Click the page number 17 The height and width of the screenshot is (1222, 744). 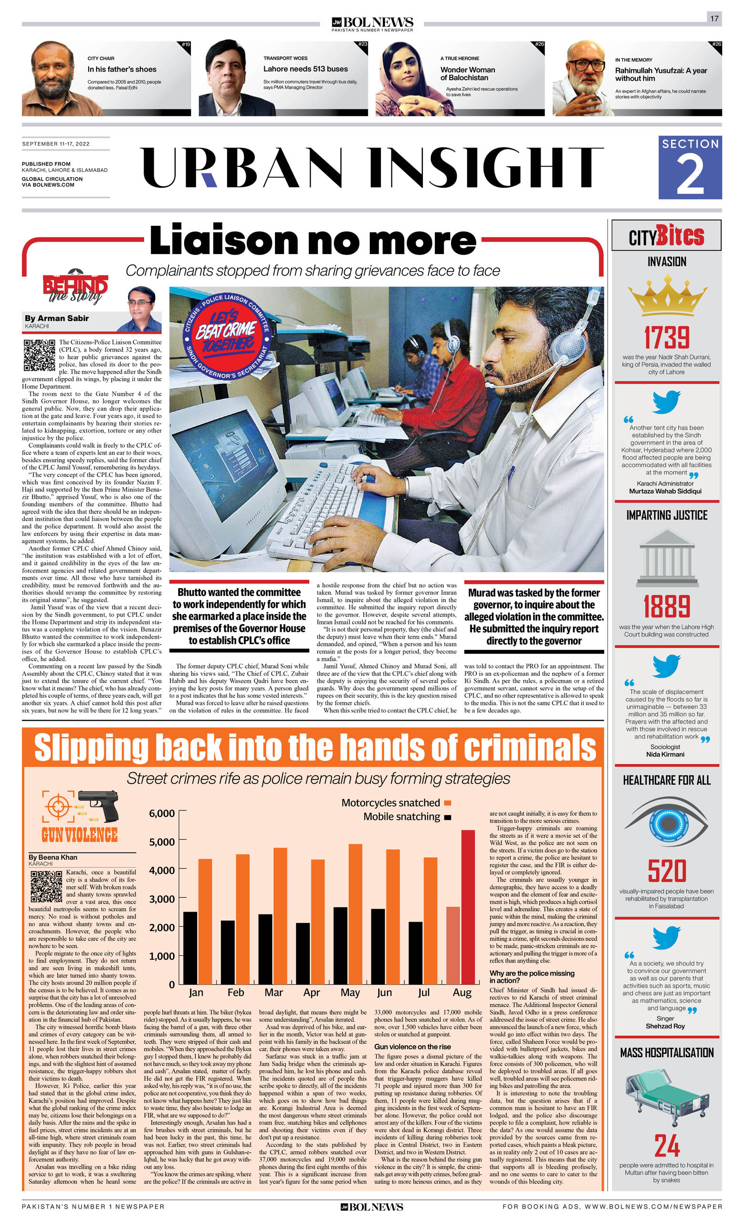(x=714, y=18)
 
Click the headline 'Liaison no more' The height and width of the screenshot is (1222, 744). (x=313, y=241)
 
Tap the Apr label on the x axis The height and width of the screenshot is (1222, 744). (x=311, y=992)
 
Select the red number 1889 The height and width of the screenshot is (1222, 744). (x=667, y=606)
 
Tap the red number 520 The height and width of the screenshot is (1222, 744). (x=667, y=871)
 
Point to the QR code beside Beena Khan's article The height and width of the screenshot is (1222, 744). (x=46, y=886)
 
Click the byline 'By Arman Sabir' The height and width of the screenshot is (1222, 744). (x=56, y=319)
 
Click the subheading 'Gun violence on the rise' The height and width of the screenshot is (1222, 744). (x=412, y=1046)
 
